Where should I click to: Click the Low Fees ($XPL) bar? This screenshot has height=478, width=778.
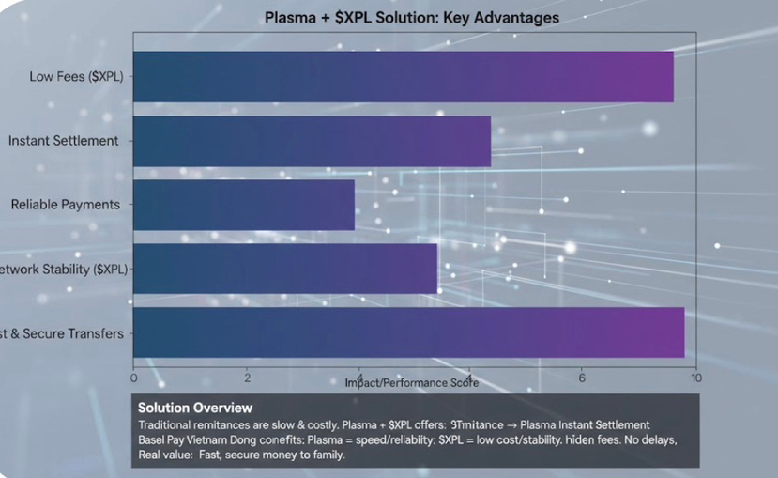point(404,77)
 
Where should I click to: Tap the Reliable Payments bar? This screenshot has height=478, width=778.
point(244,205)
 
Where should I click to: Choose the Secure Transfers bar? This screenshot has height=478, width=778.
point(408,332)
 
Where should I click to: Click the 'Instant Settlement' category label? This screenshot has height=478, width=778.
point(64,141)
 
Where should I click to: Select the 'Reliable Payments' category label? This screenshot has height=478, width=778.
point(66,205)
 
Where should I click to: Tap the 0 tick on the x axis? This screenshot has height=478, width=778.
point(133,378)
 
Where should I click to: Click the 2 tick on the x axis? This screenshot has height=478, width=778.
point(247,378)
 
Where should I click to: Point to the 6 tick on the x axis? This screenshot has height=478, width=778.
point(582,378)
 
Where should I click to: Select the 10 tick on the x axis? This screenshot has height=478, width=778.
point(695,378)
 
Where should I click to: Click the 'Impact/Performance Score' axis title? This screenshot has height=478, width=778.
point(412,383)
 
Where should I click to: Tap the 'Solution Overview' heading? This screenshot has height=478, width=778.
point(195,408)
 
